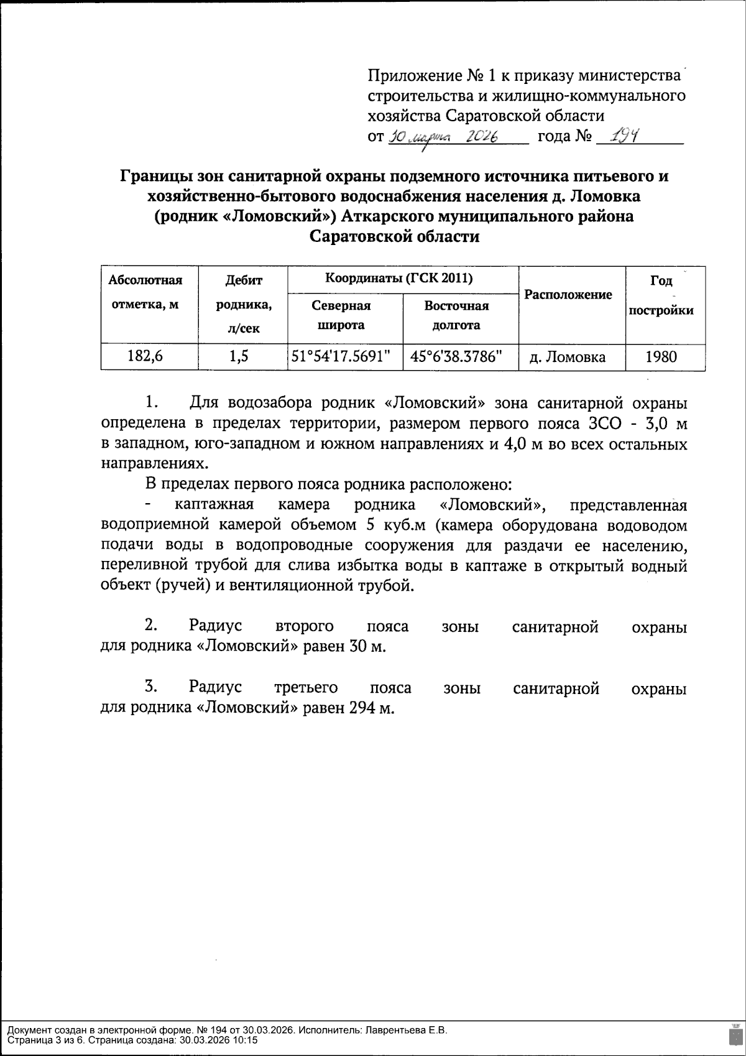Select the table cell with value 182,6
[x=149, y=357]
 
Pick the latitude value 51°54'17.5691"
[x=345, y=357]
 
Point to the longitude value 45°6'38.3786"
[x=460, y=357]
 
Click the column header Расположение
[x=568, y=295]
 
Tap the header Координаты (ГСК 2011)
[x=400, y=278]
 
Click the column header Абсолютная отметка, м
[x=145, y=292]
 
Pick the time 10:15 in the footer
[x=246, y=1039]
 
